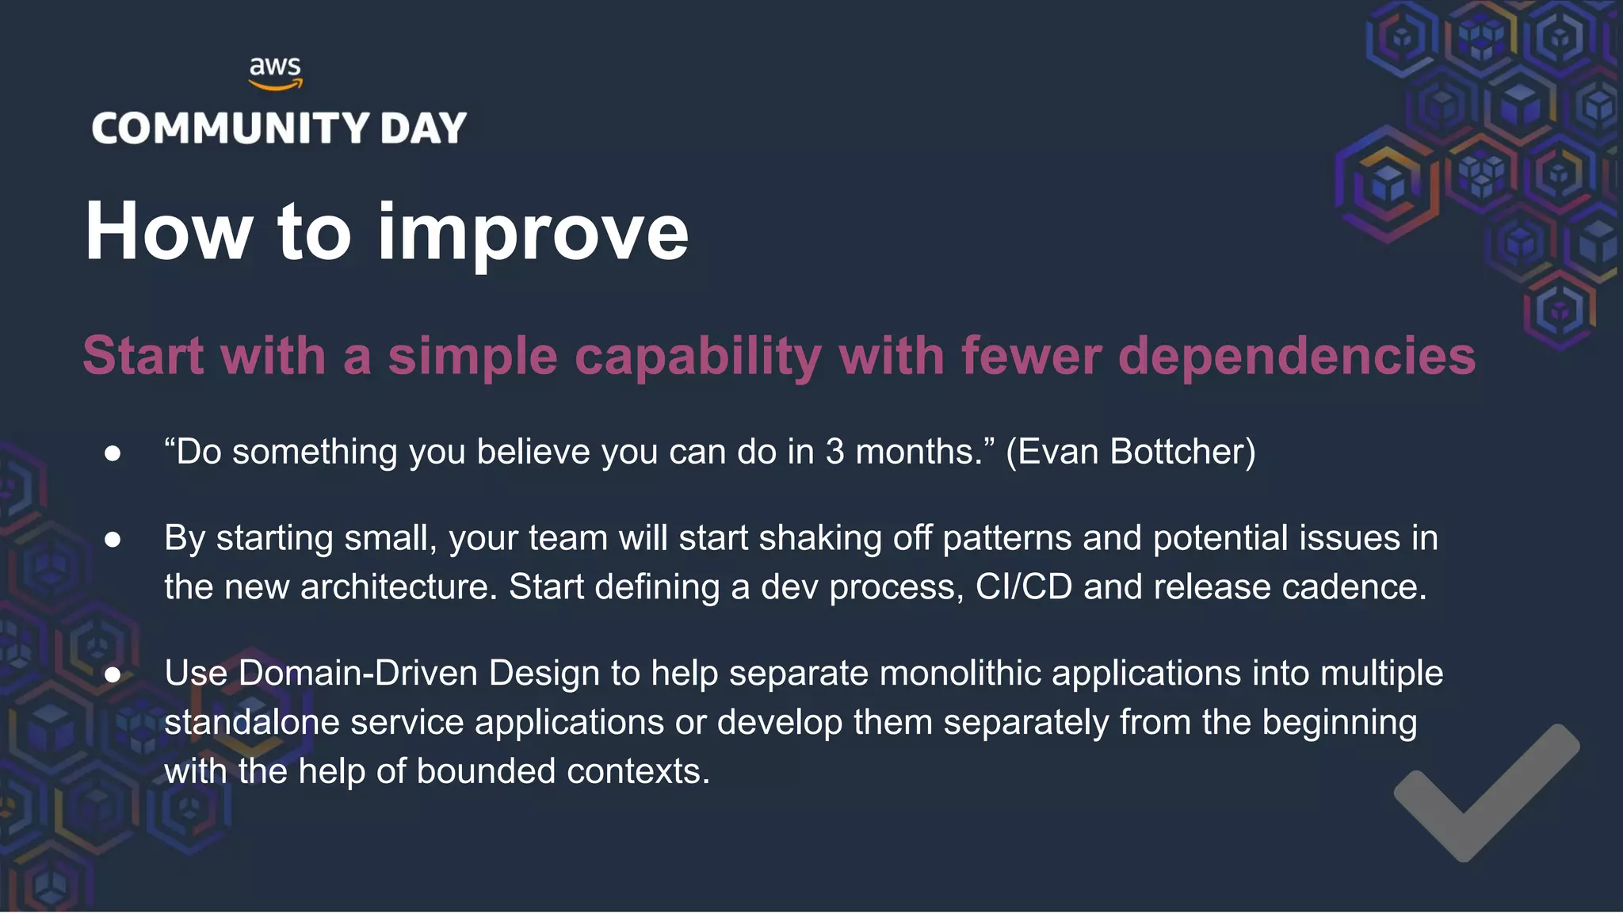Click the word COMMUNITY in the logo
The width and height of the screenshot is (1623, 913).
pyautogui.click(x=231, y=128)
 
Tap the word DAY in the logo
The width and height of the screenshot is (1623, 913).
pyautogui.click(x=423, y=128)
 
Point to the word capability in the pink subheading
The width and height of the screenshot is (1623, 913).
pyautogui.click(x=697, y=356)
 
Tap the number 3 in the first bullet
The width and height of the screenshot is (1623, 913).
pyautogui.click(x=834, y=452)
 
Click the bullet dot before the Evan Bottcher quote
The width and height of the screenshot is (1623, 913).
pyautogui.click(x=113, y=453)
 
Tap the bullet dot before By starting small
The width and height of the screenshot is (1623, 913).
pyautogui.click(x=113, y=540)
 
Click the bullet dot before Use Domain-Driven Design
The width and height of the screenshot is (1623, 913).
pyautogui.click(x=113, y=675)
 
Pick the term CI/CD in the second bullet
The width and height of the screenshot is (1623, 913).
pyautogui.click(x=1023, y=587)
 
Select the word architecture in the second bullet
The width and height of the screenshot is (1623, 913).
pyautogui.click(x=399, y=587)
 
